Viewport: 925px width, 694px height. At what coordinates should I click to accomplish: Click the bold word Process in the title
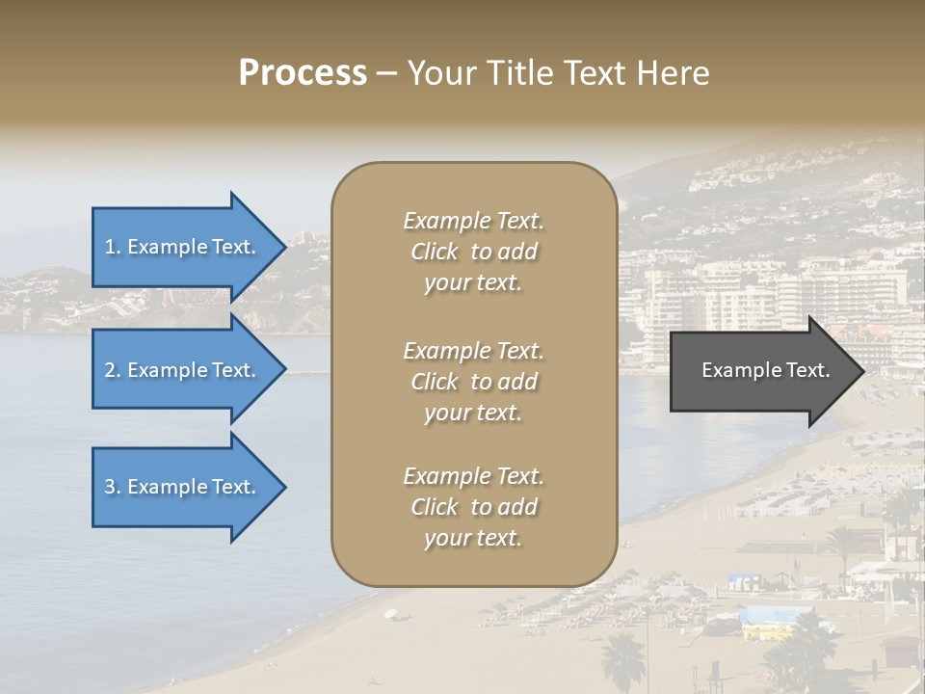(x=303, y=73)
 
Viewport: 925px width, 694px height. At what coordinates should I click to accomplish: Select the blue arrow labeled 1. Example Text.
(x=183, y=247)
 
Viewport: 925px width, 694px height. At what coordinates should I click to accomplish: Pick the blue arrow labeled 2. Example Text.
(x=183, y=370)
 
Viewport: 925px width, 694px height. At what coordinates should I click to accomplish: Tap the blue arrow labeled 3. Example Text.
(x=183, y=487)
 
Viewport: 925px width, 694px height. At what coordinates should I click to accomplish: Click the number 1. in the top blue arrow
(x=113, y=247)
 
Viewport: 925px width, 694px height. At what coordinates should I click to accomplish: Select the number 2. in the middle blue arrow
(x=113, y=370)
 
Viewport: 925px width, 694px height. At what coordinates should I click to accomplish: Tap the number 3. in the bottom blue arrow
(x=113, y=487)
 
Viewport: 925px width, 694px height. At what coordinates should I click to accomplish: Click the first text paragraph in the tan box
(x=473, y=252)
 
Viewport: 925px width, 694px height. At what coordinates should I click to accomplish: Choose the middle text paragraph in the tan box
(x=473, y=382)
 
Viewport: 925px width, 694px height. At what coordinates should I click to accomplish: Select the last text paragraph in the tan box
(x=473, y=507)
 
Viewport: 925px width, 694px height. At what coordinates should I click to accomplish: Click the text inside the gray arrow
(x=765, y=370)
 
